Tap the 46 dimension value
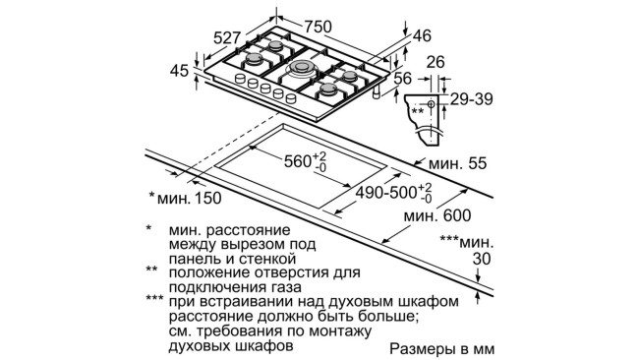click(423, 36)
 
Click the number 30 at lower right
click(479, 259)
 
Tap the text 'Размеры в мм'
click(439, 349)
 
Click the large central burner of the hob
click(299, 71)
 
